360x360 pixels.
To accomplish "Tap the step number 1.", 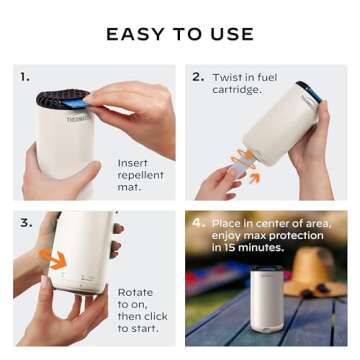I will [25, 76].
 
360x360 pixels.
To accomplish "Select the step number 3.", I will [25, 219].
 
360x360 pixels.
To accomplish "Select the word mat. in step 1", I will [129, 187].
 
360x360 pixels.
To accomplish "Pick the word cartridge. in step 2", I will [236, 90].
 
